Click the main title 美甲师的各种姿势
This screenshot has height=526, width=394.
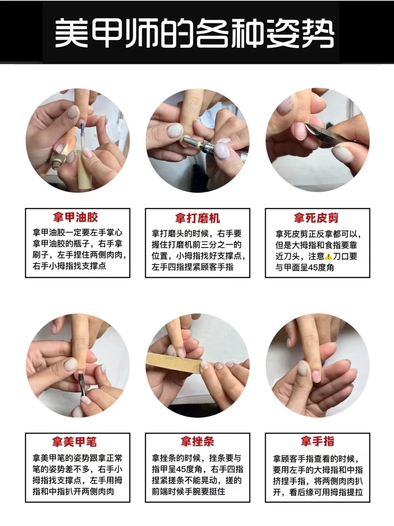click(194, 33)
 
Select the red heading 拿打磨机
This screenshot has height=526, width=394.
click(197, 218)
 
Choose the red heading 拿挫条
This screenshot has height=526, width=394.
click(197, 441)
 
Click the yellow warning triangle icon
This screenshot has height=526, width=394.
click(328, 256)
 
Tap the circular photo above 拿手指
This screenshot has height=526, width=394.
click(317, 366)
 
